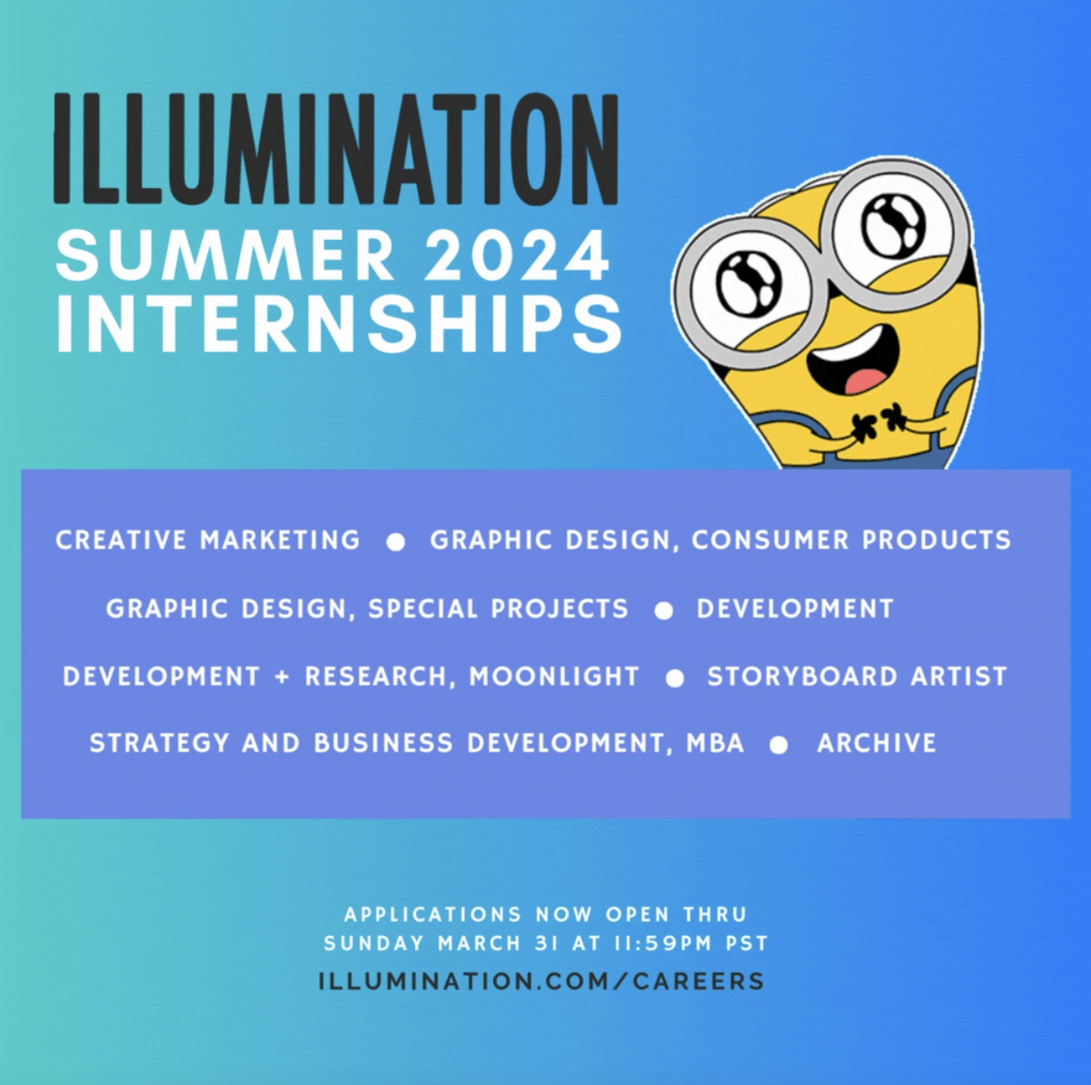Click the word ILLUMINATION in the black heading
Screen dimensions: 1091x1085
[x=336, y=148]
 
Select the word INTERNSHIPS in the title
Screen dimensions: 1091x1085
[x=339, y=325]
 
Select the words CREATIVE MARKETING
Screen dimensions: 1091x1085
[x=208, y=540]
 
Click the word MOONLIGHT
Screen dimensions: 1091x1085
[x=554, y=677]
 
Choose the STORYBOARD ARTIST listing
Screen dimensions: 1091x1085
[x=858, y=677]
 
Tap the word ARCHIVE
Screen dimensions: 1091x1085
[x=876, y=743]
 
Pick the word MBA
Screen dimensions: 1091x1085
[x=715, y=743]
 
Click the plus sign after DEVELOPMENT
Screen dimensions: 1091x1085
[x=282, y=677]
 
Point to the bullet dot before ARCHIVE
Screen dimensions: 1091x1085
[x=779, y=746]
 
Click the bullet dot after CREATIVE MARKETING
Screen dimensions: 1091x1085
[x=395, y=543]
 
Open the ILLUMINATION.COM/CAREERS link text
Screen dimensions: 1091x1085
[x=542, y=981]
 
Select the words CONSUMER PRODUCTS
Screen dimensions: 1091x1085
[x=851, y=540]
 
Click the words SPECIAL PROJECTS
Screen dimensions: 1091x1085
[x=498, y=609]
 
